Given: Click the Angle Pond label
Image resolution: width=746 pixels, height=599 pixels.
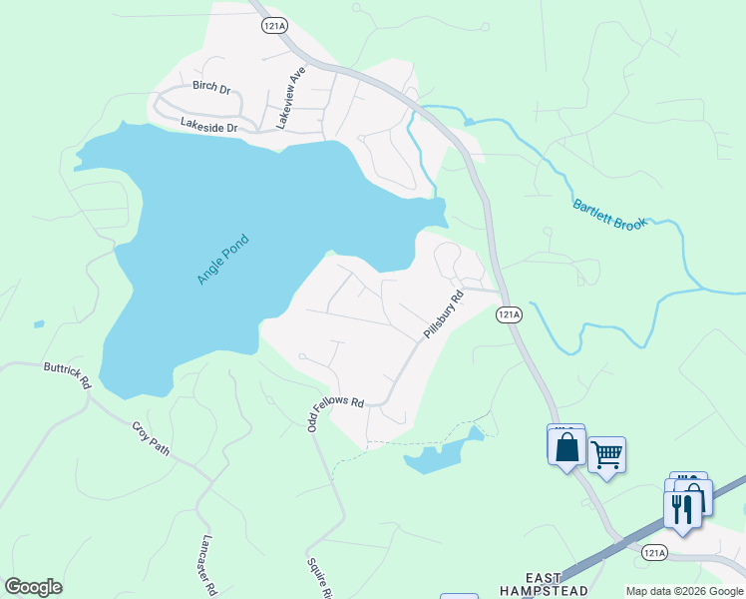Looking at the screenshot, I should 221,259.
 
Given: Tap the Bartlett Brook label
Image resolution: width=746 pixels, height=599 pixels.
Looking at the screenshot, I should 609,213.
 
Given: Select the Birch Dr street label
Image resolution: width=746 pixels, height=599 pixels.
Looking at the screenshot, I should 211,89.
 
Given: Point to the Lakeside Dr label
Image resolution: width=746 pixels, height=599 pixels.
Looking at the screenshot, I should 209,127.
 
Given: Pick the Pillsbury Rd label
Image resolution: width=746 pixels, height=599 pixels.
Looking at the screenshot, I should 444,313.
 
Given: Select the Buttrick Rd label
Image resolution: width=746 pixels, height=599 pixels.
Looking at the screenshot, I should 67,374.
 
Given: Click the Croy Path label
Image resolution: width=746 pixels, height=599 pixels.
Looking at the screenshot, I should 151,437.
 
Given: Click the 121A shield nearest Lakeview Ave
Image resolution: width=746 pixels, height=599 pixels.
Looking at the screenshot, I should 275,26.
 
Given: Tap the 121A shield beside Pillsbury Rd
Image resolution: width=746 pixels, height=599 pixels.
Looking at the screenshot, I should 509,314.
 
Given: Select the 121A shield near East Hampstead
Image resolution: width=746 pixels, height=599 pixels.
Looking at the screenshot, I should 653,552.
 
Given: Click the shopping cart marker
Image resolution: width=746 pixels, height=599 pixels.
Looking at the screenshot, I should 606,456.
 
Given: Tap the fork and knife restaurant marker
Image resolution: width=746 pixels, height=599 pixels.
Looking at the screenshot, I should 681,509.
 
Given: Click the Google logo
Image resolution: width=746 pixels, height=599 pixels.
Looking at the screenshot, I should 34,587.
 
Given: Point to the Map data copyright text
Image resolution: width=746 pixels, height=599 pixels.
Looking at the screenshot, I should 683,591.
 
